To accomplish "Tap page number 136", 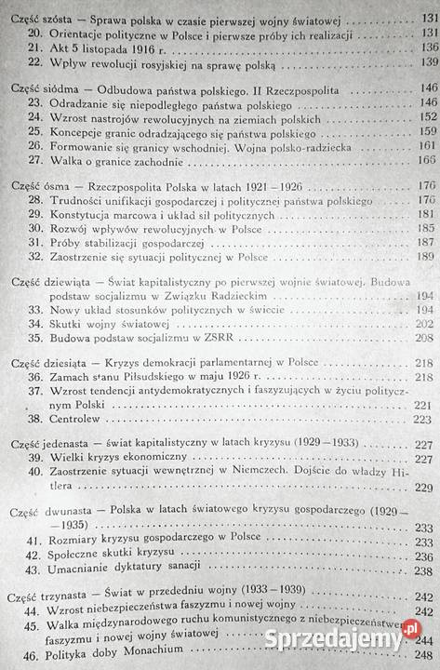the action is (430, 45).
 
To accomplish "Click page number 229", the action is (428, 489).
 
